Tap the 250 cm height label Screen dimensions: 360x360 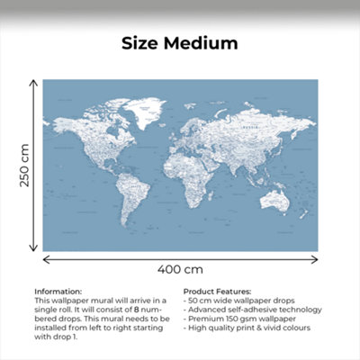coord(25,166)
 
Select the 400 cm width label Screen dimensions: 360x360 coord(180,269)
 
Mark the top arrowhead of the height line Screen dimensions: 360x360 coord(35,82)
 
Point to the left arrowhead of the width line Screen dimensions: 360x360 coord(45,258)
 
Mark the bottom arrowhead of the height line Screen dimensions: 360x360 coord(35,249)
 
